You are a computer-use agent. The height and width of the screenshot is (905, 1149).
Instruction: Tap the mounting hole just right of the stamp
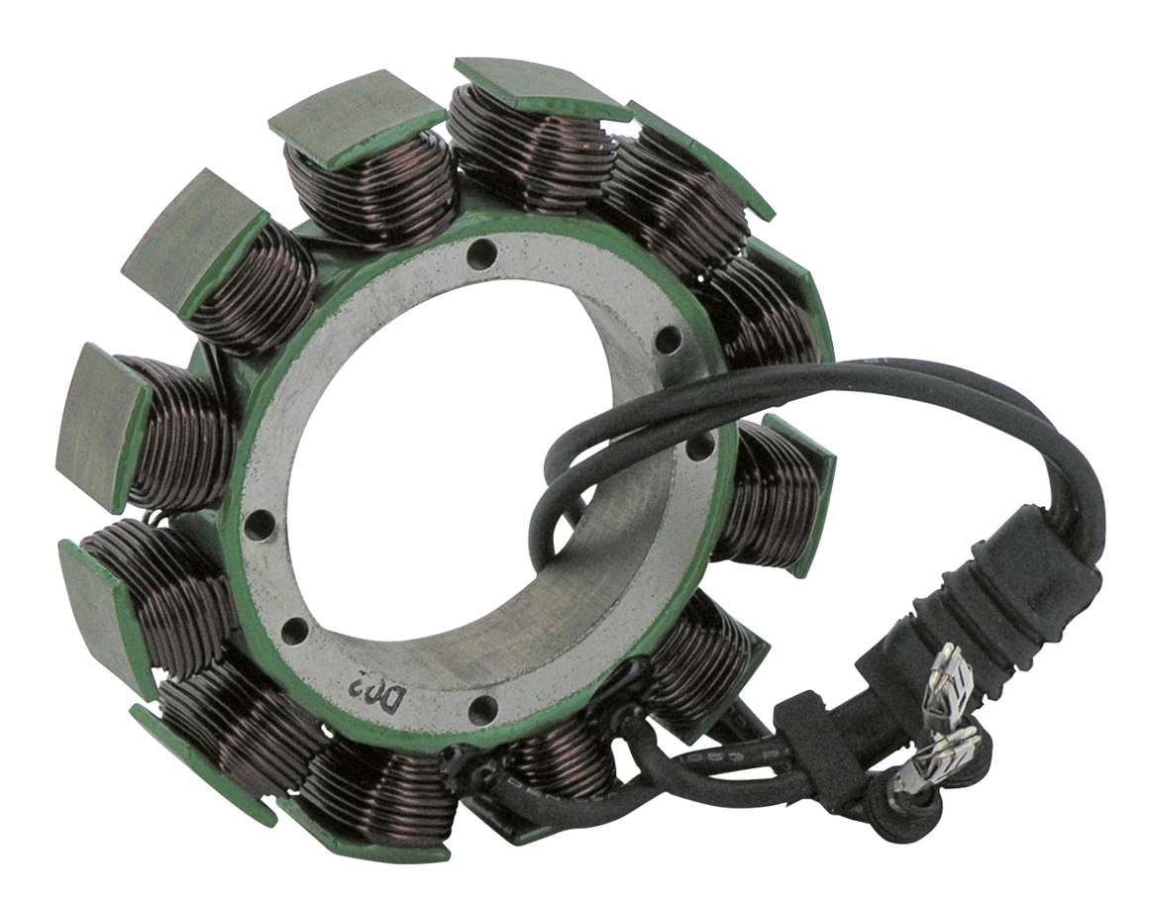pos(483,706)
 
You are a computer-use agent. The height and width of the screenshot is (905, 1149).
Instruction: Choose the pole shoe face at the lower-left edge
pos(94,584)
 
